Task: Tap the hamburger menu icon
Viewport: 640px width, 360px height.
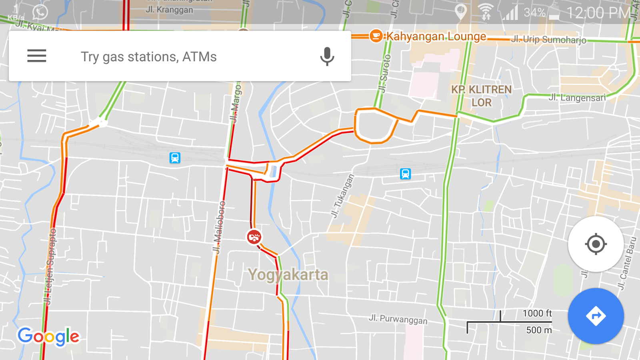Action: coord(37,56)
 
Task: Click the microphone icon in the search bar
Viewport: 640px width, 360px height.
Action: coord(327,56)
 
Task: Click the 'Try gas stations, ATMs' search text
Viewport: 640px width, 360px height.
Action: coord(149,57)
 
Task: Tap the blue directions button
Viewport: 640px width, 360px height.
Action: coord(596,316)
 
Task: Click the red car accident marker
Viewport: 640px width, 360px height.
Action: coord(254,237)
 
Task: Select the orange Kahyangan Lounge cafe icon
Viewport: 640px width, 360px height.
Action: coord(376,36)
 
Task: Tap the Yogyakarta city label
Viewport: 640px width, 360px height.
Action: coord(288,275)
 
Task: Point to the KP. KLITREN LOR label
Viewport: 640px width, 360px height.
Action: coord(481,96)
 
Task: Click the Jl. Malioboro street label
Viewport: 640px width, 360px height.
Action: coord(219,227)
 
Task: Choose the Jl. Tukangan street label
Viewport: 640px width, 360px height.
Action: coord(342,196)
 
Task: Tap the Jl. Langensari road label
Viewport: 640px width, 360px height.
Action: coord(577,98)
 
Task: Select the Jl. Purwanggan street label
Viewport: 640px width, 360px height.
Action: coord(398,319)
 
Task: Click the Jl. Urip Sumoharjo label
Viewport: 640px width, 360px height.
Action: coord(548,39)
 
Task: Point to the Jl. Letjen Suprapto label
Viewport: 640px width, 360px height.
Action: coord(50,267)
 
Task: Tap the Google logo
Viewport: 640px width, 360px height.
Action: coord(48,336)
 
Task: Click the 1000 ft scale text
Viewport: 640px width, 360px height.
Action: coord(537,313)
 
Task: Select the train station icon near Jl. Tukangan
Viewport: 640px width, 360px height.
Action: coord(405,174)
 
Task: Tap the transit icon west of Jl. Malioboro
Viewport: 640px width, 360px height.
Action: coord(175,158)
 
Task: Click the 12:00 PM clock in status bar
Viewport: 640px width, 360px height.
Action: coord(599,13)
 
